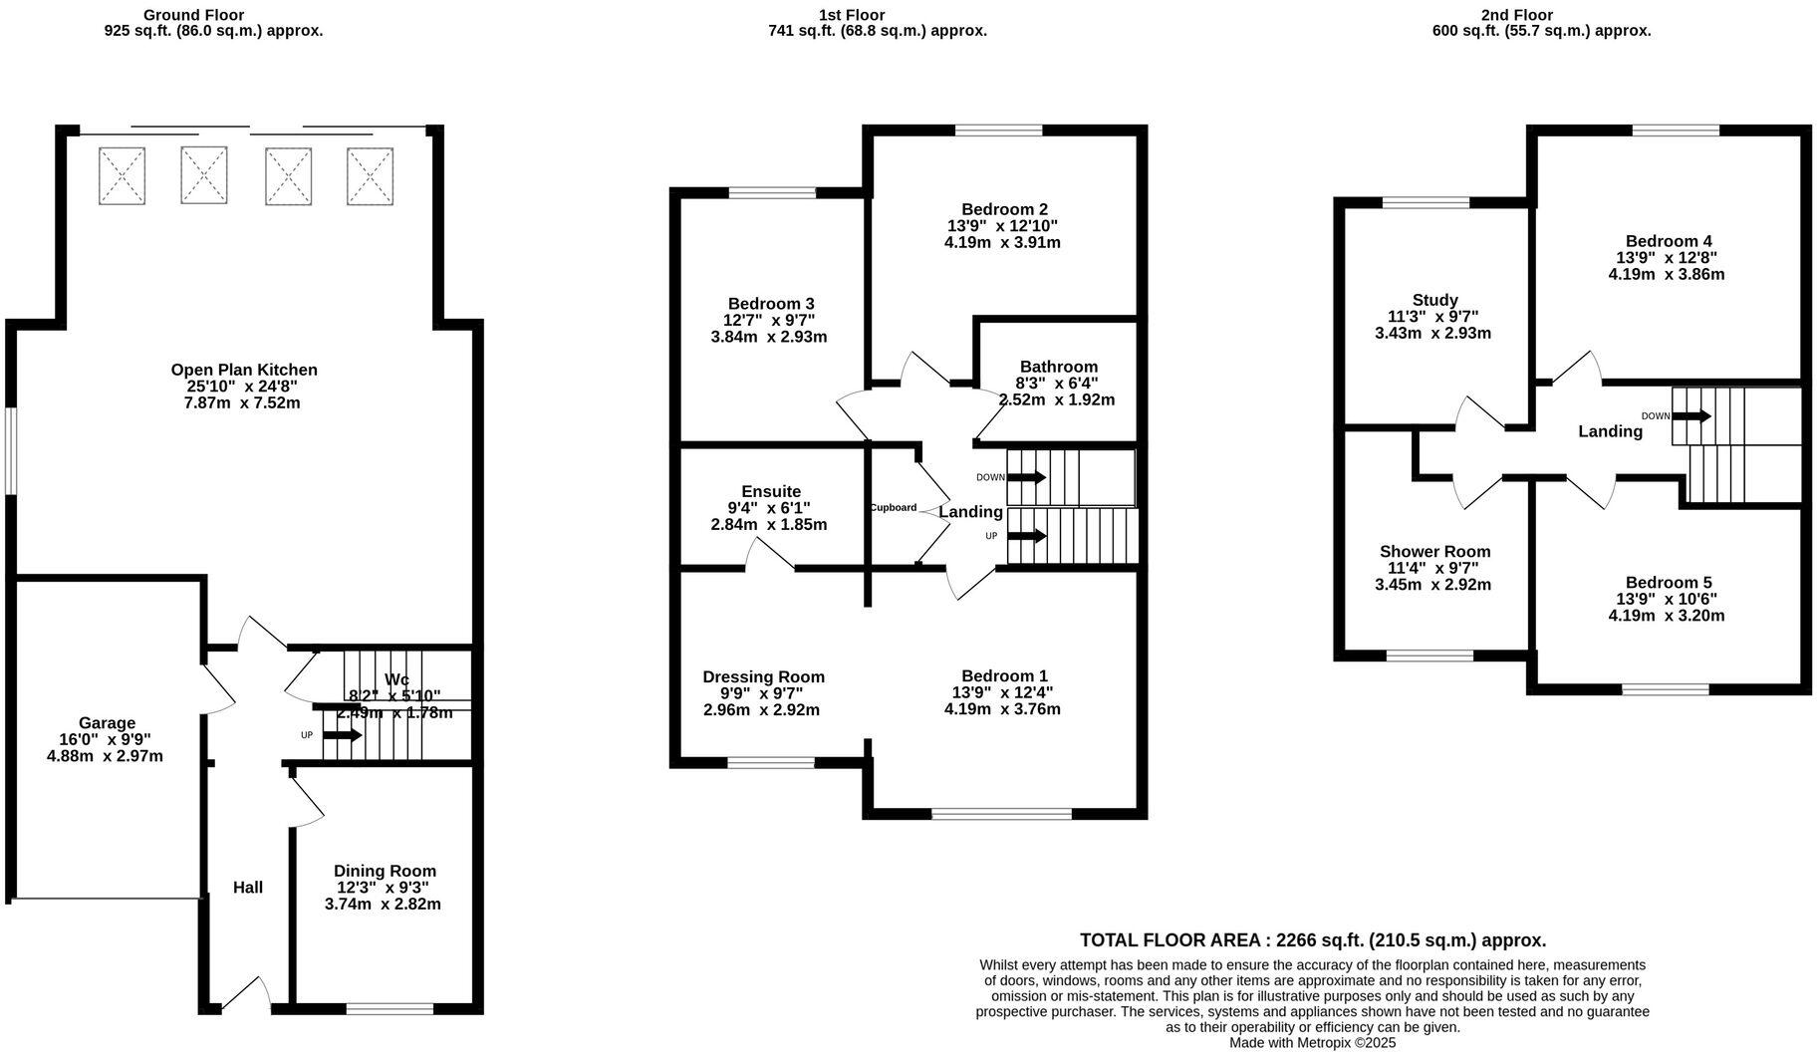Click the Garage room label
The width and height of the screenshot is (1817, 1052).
pyautogui.click(x=107, y=723)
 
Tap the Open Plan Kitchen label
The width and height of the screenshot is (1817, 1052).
pyautogui.click(x=244, y=370)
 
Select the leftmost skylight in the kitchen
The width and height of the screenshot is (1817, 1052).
pyautogui.click(x=122, y=176)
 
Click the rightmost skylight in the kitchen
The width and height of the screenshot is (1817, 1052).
pyautogui.click(x=370, y=176)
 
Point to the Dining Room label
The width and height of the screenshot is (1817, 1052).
pyautogui.click(x=385, y=871)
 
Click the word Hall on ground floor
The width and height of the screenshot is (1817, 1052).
pyautogui.click(x=248, y=887)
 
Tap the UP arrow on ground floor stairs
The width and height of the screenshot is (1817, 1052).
pyautogui.click(x=342, y=735)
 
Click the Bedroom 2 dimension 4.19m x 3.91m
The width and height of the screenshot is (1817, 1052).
pyautogui.click(x=1002, y=242)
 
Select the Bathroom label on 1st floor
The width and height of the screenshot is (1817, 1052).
pyautogui.click(x=1058, y=367)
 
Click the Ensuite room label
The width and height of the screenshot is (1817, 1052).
pyautogui.click(x=771, y=491)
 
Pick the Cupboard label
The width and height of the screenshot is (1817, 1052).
pyautogui.click(x=893, y=508)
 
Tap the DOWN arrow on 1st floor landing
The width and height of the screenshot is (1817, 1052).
pyautogui.click(x=1026, y=477)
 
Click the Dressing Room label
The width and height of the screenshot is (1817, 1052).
pyautogui.click(x=763, y=676)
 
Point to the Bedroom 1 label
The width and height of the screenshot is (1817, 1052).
pyautogui.click(x=1002, y=675)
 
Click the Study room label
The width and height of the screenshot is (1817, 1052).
pyautogui.click(x=1434, y=300)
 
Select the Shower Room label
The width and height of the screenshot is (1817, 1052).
pyautogui.click(x=1434, y=551)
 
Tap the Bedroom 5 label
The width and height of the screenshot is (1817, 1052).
pyautogui.click(x=1668, y=583)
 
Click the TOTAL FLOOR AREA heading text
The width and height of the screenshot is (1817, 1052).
pyautogui.click(x=1313, y=939)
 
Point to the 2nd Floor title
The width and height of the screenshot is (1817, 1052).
pyautogui.click(x=1516, y=15)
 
